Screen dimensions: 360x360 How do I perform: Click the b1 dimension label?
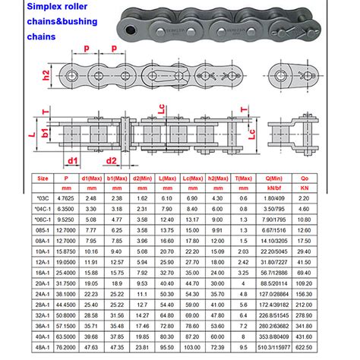point(46,134)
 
